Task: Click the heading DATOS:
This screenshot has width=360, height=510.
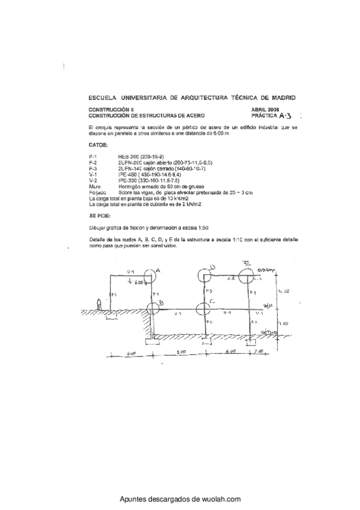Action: [x=98, y=145]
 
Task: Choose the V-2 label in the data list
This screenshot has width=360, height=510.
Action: [x=93, y=180]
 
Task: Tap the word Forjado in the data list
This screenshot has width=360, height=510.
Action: [x=96, y=192]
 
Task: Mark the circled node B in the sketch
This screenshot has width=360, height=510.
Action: [x=151, y=306]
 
